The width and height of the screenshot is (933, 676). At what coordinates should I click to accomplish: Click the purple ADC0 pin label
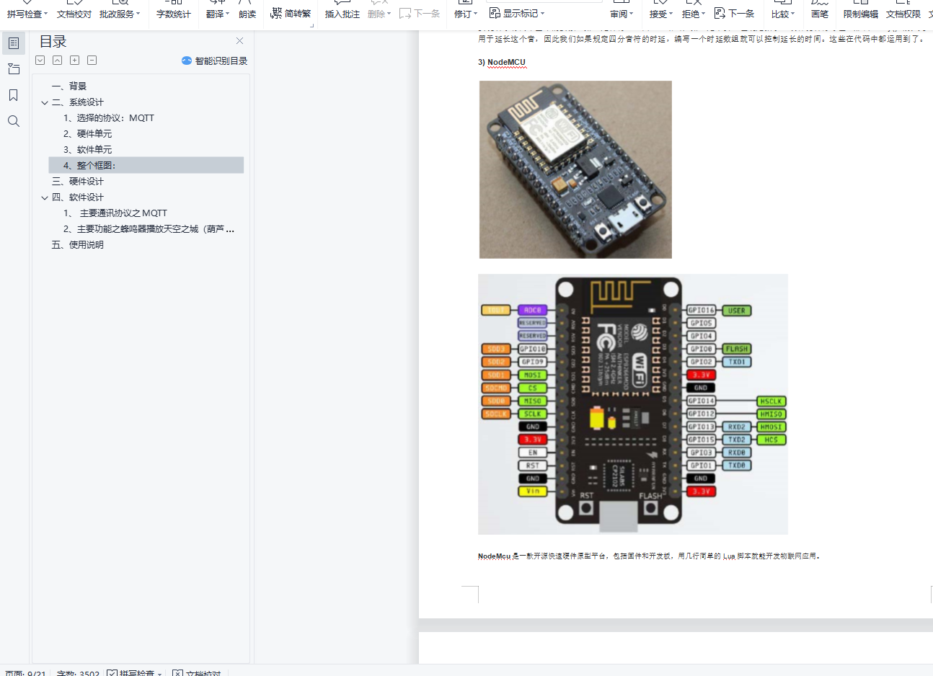click(x=533, y=310)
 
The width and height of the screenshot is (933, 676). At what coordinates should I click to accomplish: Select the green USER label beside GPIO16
click(x=736, y=311)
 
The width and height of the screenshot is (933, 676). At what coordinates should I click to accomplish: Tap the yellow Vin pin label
click(x=533, y=492)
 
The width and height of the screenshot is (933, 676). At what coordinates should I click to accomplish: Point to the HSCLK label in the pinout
click(x=771, y=401)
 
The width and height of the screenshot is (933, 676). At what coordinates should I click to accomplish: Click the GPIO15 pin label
click(x=701, y=440)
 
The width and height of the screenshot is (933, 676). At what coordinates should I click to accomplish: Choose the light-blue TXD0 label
click(x=736, y=466)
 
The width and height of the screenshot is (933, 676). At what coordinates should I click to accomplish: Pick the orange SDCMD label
click(x=496, y=388)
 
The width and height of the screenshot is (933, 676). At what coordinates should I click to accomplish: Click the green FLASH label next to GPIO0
click(x=736, y=349)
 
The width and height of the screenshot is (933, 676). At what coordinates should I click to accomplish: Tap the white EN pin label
click(x=533, y=453)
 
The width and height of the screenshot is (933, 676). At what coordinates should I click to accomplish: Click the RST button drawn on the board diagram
click(x=586, y=507)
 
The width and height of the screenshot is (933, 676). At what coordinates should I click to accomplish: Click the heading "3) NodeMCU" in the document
click(x=502, y=62)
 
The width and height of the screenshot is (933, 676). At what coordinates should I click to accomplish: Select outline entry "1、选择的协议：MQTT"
click(x=108, y=117)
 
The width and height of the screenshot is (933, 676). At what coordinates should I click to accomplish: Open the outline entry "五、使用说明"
click(x=78, y=244)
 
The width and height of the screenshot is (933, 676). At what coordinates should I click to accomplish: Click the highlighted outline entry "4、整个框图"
click(x=89, y=165)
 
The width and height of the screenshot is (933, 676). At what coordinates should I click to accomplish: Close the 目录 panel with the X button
click(x=239, y=41)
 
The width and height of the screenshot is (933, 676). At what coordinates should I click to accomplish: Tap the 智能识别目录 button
click(x=215, y=61)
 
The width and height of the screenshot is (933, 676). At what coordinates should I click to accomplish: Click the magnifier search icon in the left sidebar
click(x=14, y=121)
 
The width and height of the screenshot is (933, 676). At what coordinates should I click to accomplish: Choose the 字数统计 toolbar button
click(x=173, y=14)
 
